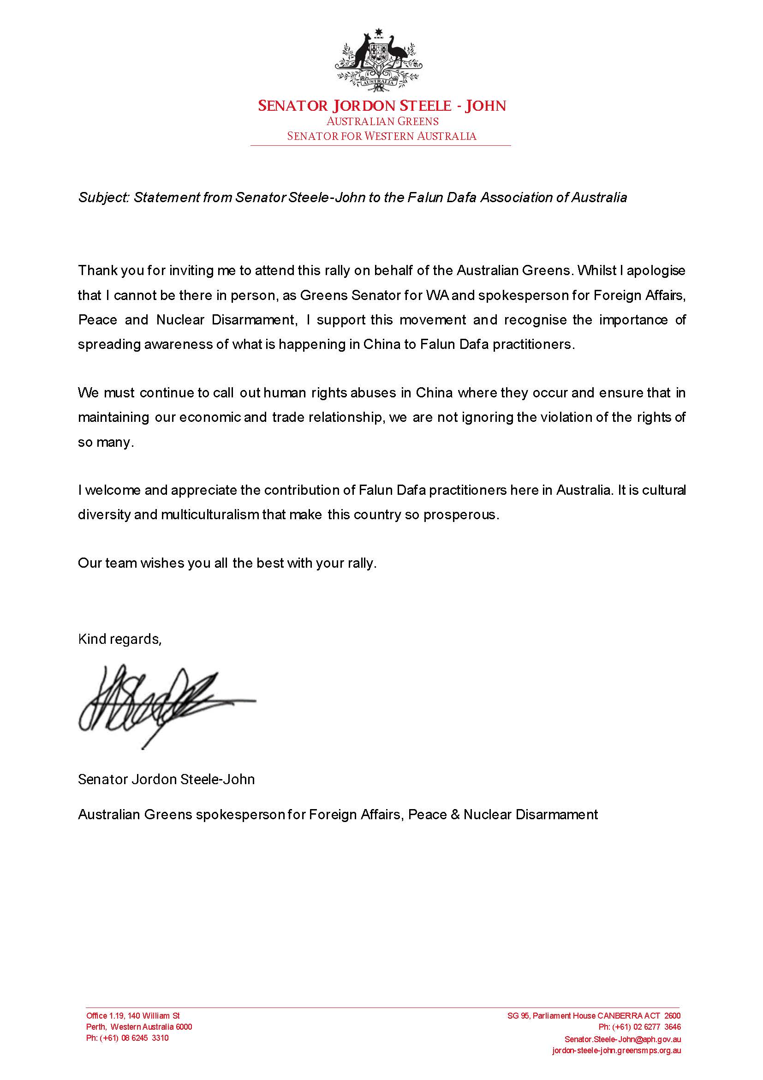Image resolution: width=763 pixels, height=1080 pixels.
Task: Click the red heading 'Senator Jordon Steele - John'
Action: tap(382, 106)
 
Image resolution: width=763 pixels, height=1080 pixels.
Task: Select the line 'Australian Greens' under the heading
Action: tap(382, 121)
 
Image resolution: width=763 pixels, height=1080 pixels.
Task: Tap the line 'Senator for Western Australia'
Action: tap(382, 137)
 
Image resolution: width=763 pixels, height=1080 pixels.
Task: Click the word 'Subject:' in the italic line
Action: tap(104, 198)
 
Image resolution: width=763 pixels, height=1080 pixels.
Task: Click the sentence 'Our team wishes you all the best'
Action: tap(227, 563)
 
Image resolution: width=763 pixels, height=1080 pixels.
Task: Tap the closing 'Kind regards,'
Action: tap(120, 639)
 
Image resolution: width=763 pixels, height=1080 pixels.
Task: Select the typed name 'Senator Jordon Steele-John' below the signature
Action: tap(167, 780)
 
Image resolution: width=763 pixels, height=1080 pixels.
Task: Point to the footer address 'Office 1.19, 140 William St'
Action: tap(133, 1016)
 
